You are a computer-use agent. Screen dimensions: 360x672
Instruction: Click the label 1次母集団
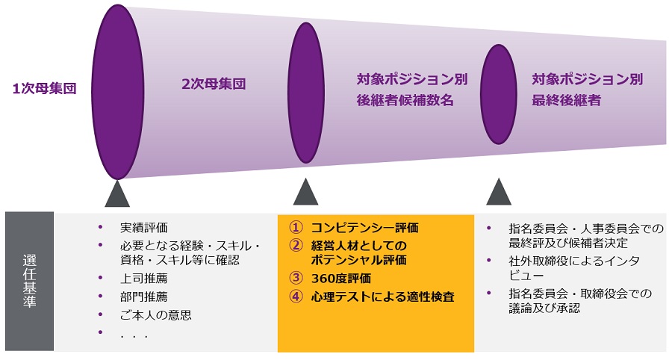tap(45, 89)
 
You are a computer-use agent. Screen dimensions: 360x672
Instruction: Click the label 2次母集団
tap(214, 84)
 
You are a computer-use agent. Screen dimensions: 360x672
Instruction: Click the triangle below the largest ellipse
tap(117, 193)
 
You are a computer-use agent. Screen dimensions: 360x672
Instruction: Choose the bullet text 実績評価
tap(144, 228)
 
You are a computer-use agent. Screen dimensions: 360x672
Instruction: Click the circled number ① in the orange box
tap(296, 227)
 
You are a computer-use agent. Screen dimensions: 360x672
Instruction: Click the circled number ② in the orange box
tap(296, 245)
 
